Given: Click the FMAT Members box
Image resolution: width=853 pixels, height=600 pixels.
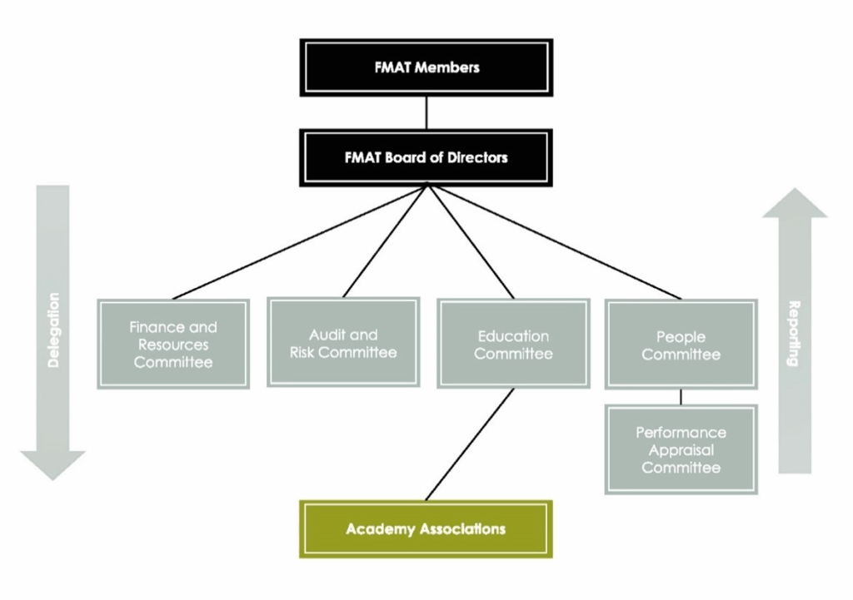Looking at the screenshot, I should pyautogui.click(x=426, y=67).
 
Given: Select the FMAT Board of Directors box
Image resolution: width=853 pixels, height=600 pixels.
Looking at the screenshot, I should pyautogui.click(x=426, y=156).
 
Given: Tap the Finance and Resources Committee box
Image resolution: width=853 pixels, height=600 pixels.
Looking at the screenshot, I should pyautogui.click(x=173, y=344).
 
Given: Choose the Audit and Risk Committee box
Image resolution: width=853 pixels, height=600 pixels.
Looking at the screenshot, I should pyautogui.click(x=343, y=342).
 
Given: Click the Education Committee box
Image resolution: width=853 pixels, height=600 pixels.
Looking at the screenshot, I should pyautogui.click(x=513, y=344).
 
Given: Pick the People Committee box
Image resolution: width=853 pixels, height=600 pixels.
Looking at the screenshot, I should pyautogui.click(x=681, y=345).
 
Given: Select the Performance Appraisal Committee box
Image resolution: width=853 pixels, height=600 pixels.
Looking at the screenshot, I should pyautogui.click(x=681, y=449).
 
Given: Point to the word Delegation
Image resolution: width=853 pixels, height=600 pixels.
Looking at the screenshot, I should pyautogui.click(x=53, y=330).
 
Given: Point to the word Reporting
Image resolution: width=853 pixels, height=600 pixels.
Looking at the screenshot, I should pyautogui.click(x=794, y=333).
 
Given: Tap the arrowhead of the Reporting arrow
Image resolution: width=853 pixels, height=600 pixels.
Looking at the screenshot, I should pyautogui.click(x=795, y=205).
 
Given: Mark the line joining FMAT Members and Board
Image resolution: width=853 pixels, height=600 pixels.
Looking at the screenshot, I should pyautogui.click(x=426, y=112).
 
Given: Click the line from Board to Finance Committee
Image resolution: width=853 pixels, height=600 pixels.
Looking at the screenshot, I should pyautogui.click(x=300, y=241).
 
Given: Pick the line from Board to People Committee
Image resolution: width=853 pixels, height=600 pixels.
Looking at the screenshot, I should pyautogui.click(x=554, y=241).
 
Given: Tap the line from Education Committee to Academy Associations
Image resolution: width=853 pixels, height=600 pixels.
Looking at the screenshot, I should pyautogui.click(x=470, y=444).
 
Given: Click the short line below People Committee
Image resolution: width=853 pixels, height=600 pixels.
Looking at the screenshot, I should pyautogui.click(x=681, y=397).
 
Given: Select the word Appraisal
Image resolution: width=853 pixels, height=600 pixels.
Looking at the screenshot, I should pyautogui.click(x=681, y=449).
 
